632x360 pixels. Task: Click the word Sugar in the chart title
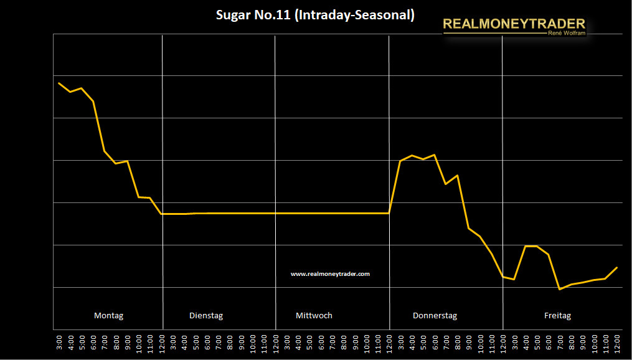tap(232, 16)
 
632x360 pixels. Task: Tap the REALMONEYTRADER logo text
tap(514, 25)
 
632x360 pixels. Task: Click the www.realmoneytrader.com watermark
tap(330, 273)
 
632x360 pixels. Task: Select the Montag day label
tap(108, 315)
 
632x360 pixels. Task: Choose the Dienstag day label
tap(205, 315)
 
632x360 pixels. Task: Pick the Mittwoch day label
tap(314, 315)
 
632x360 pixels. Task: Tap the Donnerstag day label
tap(435, 315)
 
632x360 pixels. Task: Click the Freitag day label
tap(557, 315)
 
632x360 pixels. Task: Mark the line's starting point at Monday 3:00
tap(59, 83)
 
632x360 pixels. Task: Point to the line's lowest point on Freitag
tap(560, 289)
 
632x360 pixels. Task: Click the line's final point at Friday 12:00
tap(616, 267)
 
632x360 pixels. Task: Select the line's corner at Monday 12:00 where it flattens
tap(162, 214)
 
